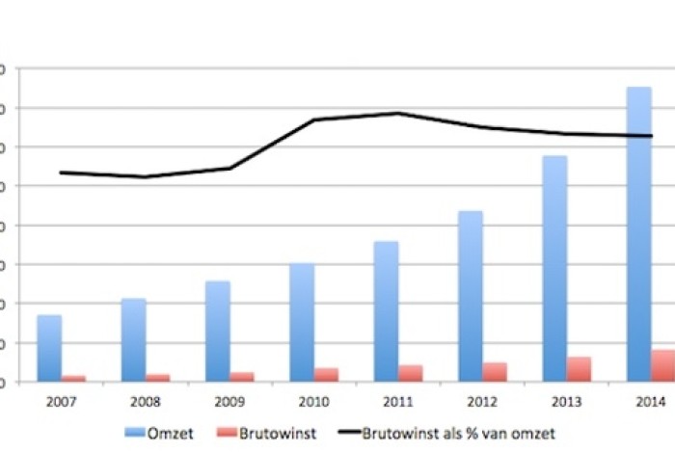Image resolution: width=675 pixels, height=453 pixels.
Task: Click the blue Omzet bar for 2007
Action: tap(49, 348)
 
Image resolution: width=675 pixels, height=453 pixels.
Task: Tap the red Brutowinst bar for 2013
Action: tap(579, 369)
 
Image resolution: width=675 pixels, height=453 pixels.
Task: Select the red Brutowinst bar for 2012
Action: tap(495, 372)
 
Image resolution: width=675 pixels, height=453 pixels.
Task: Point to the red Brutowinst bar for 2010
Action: tap(326, 375)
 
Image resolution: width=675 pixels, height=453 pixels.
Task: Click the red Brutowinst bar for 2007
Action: tap(74, 379)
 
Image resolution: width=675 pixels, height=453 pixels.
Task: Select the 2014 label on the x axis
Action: tap(651, 402)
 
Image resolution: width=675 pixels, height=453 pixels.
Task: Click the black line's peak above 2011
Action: tap(398, 113)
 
